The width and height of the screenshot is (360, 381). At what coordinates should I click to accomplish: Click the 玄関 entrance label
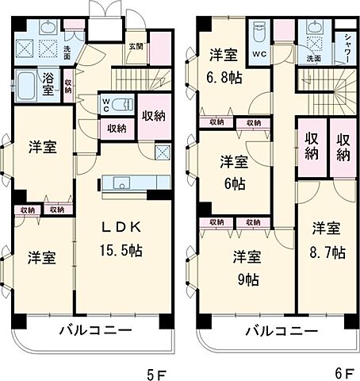pos(136,46)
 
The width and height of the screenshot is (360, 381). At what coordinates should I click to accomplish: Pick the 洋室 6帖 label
pos(234,170)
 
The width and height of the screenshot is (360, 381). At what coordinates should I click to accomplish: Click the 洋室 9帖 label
pos(247,267)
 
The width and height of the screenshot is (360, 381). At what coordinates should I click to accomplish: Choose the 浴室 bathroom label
pos(48,84)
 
